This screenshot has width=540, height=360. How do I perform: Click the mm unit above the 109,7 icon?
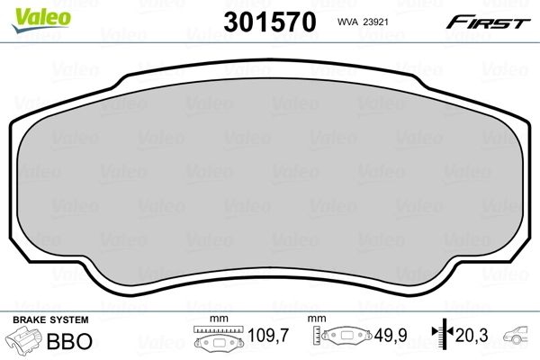(x=216, y=319)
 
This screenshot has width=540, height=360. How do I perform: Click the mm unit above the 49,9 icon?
(x=317, y=319)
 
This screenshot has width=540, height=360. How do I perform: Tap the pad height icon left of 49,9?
(x=347, y=337)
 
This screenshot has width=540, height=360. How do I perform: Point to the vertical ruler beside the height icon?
(x=317, y=337)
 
